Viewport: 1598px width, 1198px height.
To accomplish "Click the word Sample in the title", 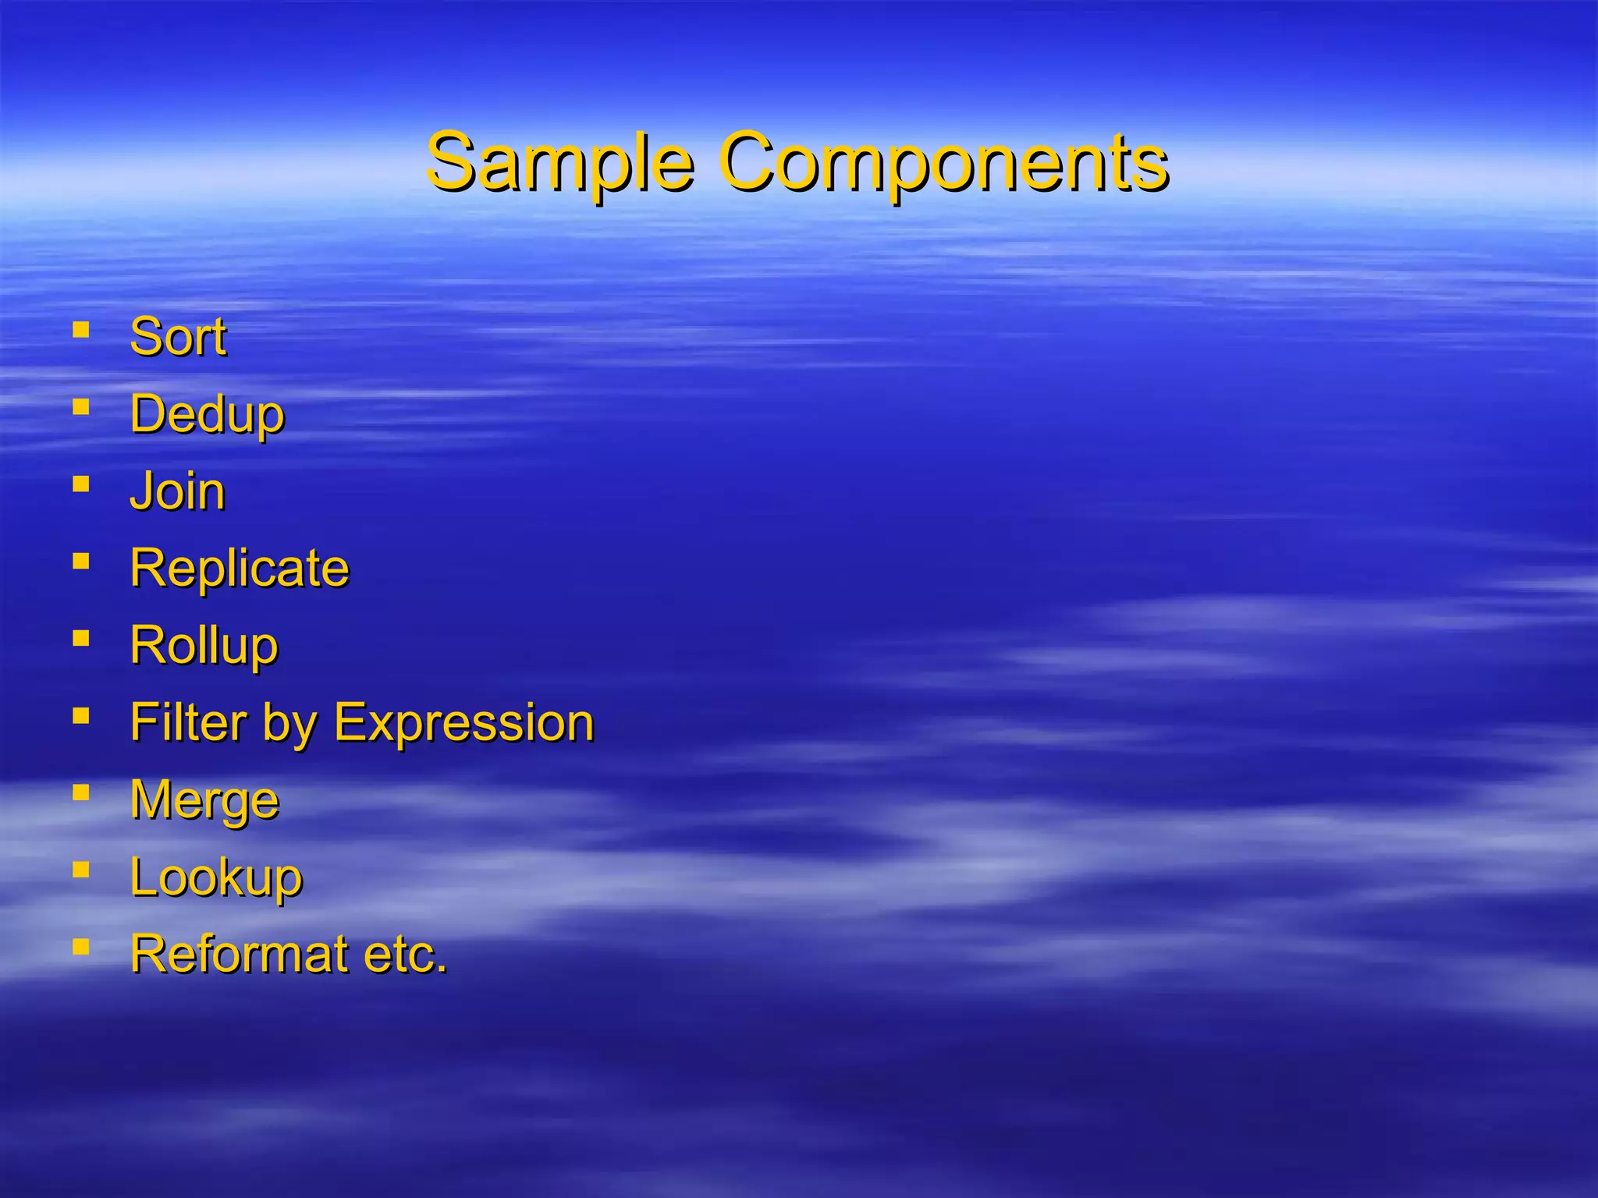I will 559,163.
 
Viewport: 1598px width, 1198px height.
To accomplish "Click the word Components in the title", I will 943,163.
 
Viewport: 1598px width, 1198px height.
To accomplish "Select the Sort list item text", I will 178,337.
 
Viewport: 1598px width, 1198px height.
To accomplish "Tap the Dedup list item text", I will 207,414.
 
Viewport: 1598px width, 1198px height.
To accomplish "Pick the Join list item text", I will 177,491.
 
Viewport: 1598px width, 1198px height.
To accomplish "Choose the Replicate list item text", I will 240,568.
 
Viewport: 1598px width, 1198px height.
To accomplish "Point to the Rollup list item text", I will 204,646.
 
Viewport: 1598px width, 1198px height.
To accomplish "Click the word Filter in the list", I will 187,722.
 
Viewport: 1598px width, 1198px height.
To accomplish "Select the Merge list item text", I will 204,800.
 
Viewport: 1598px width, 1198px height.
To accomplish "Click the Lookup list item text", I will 216,877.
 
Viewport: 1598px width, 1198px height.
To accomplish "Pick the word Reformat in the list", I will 239,954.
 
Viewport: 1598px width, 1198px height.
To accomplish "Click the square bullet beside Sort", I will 80,330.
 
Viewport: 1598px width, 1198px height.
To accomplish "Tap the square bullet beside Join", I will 80,484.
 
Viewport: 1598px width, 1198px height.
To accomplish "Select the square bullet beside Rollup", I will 80,639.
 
